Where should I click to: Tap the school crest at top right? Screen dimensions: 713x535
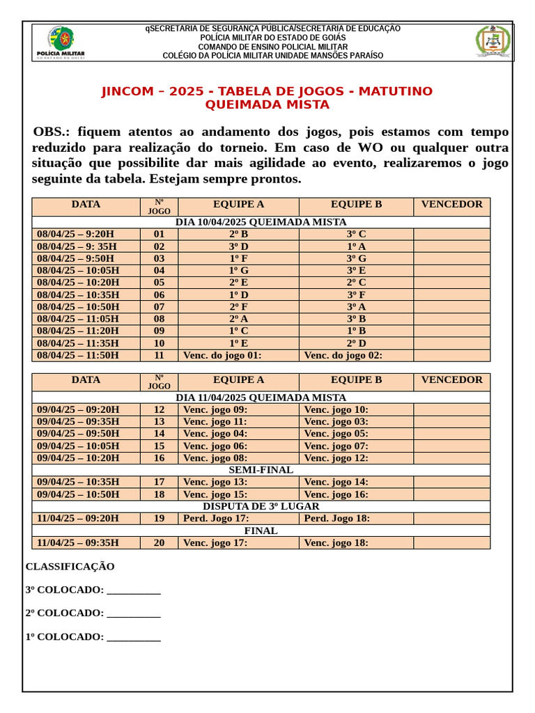(493, 42)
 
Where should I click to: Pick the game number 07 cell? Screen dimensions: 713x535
(159, 307)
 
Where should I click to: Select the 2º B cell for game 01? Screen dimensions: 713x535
(238, 235)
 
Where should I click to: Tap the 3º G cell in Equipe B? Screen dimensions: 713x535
(356, 258)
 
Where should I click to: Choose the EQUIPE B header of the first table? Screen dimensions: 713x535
(356, 205)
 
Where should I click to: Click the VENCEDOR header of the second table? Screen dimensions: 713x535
(451, 380)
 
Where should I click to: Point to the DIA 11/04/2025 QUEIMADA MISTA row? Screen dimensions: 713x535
(261, 398)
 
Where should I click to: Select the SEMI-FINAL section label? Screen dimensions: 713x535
(261, 470)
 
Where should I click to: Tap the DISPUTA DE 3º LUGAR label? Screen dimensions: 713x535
(261, 506)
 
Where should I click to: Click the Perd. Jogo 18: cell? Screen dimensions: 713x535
(337, 519)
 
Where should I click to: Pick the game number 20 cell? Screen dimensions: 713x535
(159, 543)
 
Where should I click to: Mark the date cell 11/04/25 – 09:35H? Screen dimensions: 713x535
(78, 543)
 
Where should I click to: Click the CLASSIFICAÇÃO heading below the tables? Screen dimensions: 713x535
(70, 567)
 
